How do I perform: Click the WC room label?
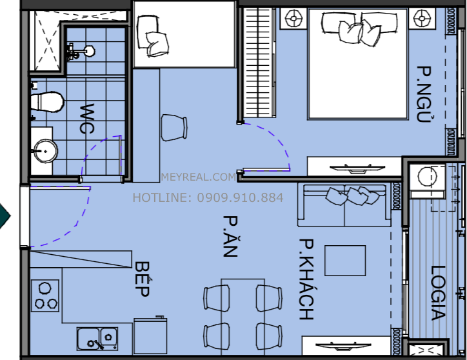(87, 118)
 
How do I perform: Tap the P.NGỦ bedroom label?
(424, 94)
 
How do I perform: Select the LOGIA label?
(439, 293)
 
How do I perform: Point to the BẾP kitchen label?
(142, 279)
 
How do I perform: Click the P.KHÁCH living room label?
(306, 279)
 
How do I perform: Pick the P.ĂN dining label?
(230, 236)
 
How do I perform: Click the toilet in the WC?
(47, 102)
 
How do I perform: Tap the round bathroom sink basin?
(45, 151)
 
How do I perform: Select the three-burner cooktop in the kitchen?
(45, 295)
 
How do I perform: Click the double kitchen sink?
(97, 339)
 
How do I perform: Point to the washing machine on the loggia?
(428, 181)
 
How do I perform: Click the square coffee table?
(345, 261)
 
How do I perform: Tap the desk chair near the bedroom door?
(174, 128)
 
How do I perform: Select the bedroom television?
(357, 168)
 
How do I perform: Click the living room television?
(343, 346)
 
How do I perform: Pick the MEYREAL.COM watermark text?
(199, 177)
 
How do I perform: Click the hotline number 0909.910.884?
(241, 197)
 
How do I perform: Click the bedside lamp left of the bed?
(293, 19)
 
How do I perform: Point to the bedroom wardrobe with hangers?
(258, 63)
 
